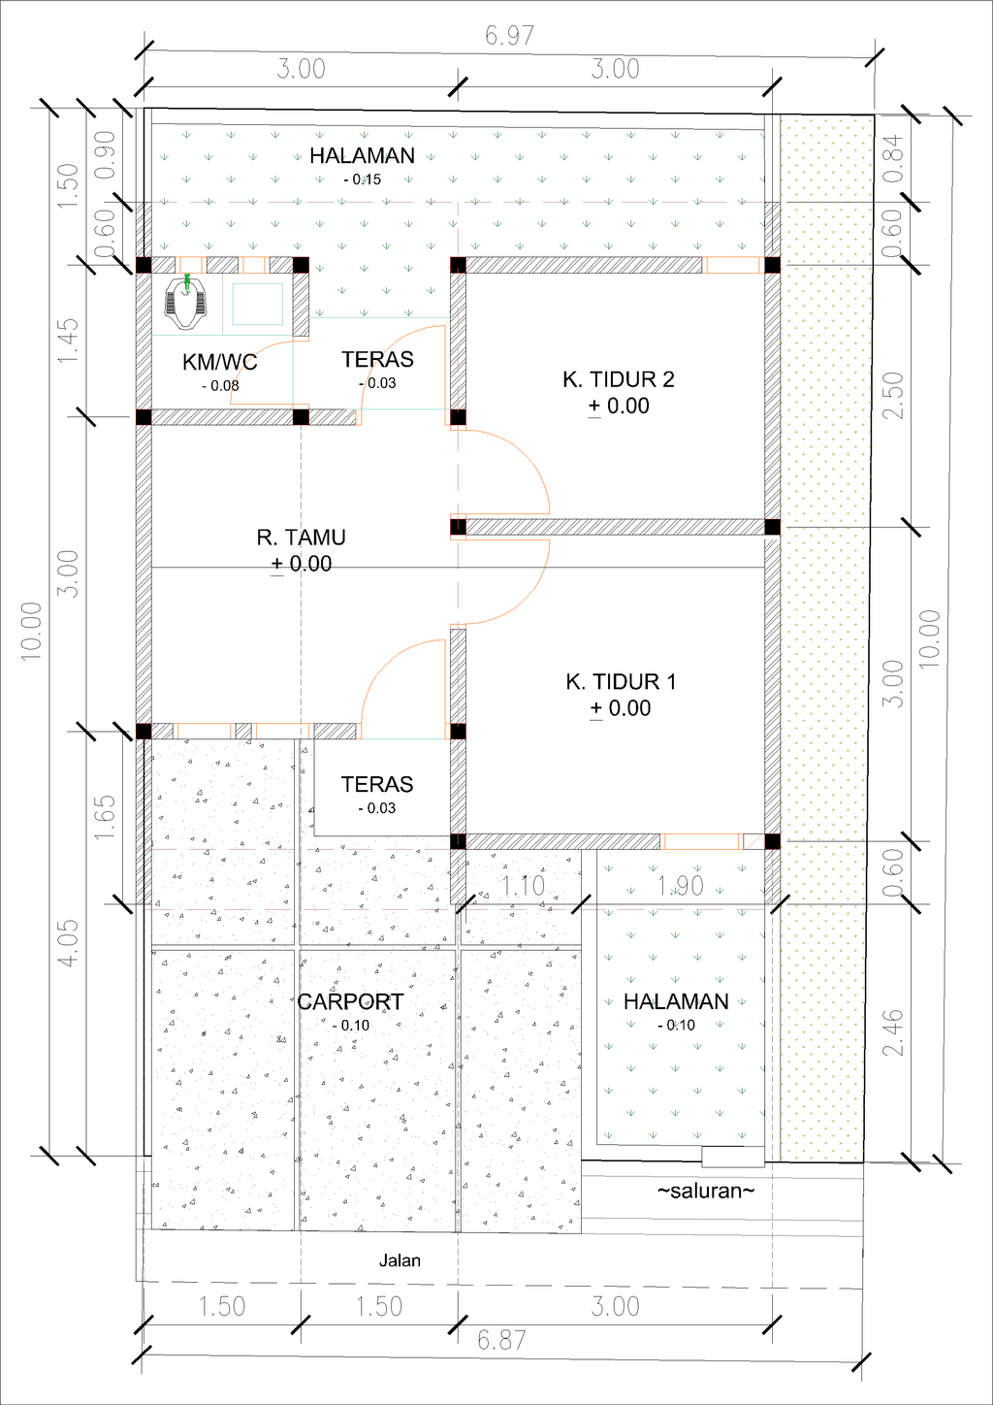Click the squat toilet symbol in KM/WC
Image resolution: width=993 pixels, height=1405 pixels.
(186, 301)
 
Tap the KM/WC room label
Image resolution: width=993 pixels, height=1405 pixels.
(220, 363)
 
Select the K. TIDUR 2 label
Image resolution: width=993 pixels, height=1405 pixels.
(618, 379)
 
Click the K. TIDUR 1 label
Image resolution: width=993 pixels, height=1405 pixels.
(621, 682)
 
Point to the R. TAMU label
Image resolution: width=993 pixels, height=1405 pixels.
(301, 538)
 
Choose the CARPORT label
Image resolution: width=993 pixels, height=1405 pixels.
(350, 1001)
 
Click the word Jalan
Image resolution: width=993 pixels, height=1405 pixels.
(400, 1260)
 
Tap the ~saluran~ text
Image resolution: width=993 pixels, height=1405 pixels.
(705, 1191)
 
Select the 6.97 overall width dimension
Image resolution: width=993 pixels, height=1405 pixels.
(509, 36)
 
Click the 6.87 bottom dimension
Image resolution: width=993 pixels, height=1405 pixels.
(501, 1340)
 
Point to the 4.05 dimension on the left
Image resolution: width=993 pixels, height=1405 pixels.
(68, 943)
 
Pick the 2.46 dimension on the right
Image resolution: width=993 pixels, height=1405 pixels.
(893, 1033)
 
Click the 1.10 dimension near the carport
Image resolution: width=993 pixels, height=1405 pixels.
(524, 885)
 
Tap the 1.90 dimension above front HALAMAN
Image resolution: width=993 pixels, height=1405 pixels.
(680, 885)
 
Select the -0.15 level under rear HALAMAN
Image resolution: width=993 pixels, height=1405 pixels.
(363, 180)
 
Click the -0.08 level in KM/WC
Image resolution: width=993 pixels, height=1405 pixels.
(220, 386)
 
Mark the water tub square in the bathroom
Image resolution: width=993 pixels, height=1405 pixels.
(257, 304)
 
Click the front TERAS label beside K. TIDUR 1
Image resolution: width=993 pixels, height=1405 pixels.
(377, 784)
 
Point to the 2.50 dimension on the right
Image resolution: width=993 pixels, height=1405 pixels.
(893, 396)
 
